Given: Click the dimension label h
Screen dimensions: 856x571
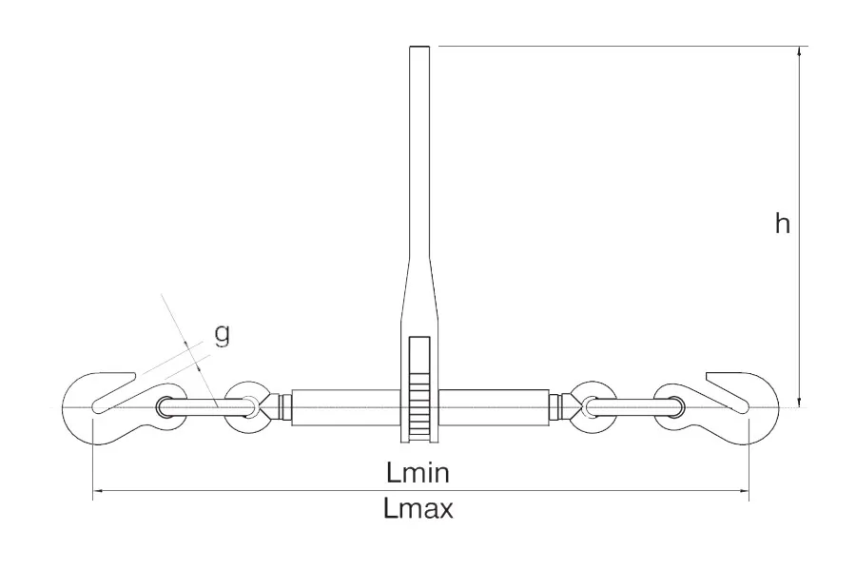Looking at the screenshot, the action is coord(783,224).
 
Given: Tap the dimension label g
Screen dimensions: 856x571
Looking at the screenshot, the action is coord(221,334).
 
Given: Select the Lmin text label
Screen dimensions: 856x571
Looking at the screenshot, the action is coord(418,473).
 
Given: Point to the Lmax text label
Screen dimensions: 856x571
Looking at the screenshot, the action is coord(418,509).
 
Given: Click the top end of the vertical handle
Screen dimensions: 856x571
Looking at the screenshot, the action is coord(419,47).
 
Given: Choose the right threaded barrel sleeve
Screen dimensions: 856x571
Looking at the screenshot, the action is coord(493,407).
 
